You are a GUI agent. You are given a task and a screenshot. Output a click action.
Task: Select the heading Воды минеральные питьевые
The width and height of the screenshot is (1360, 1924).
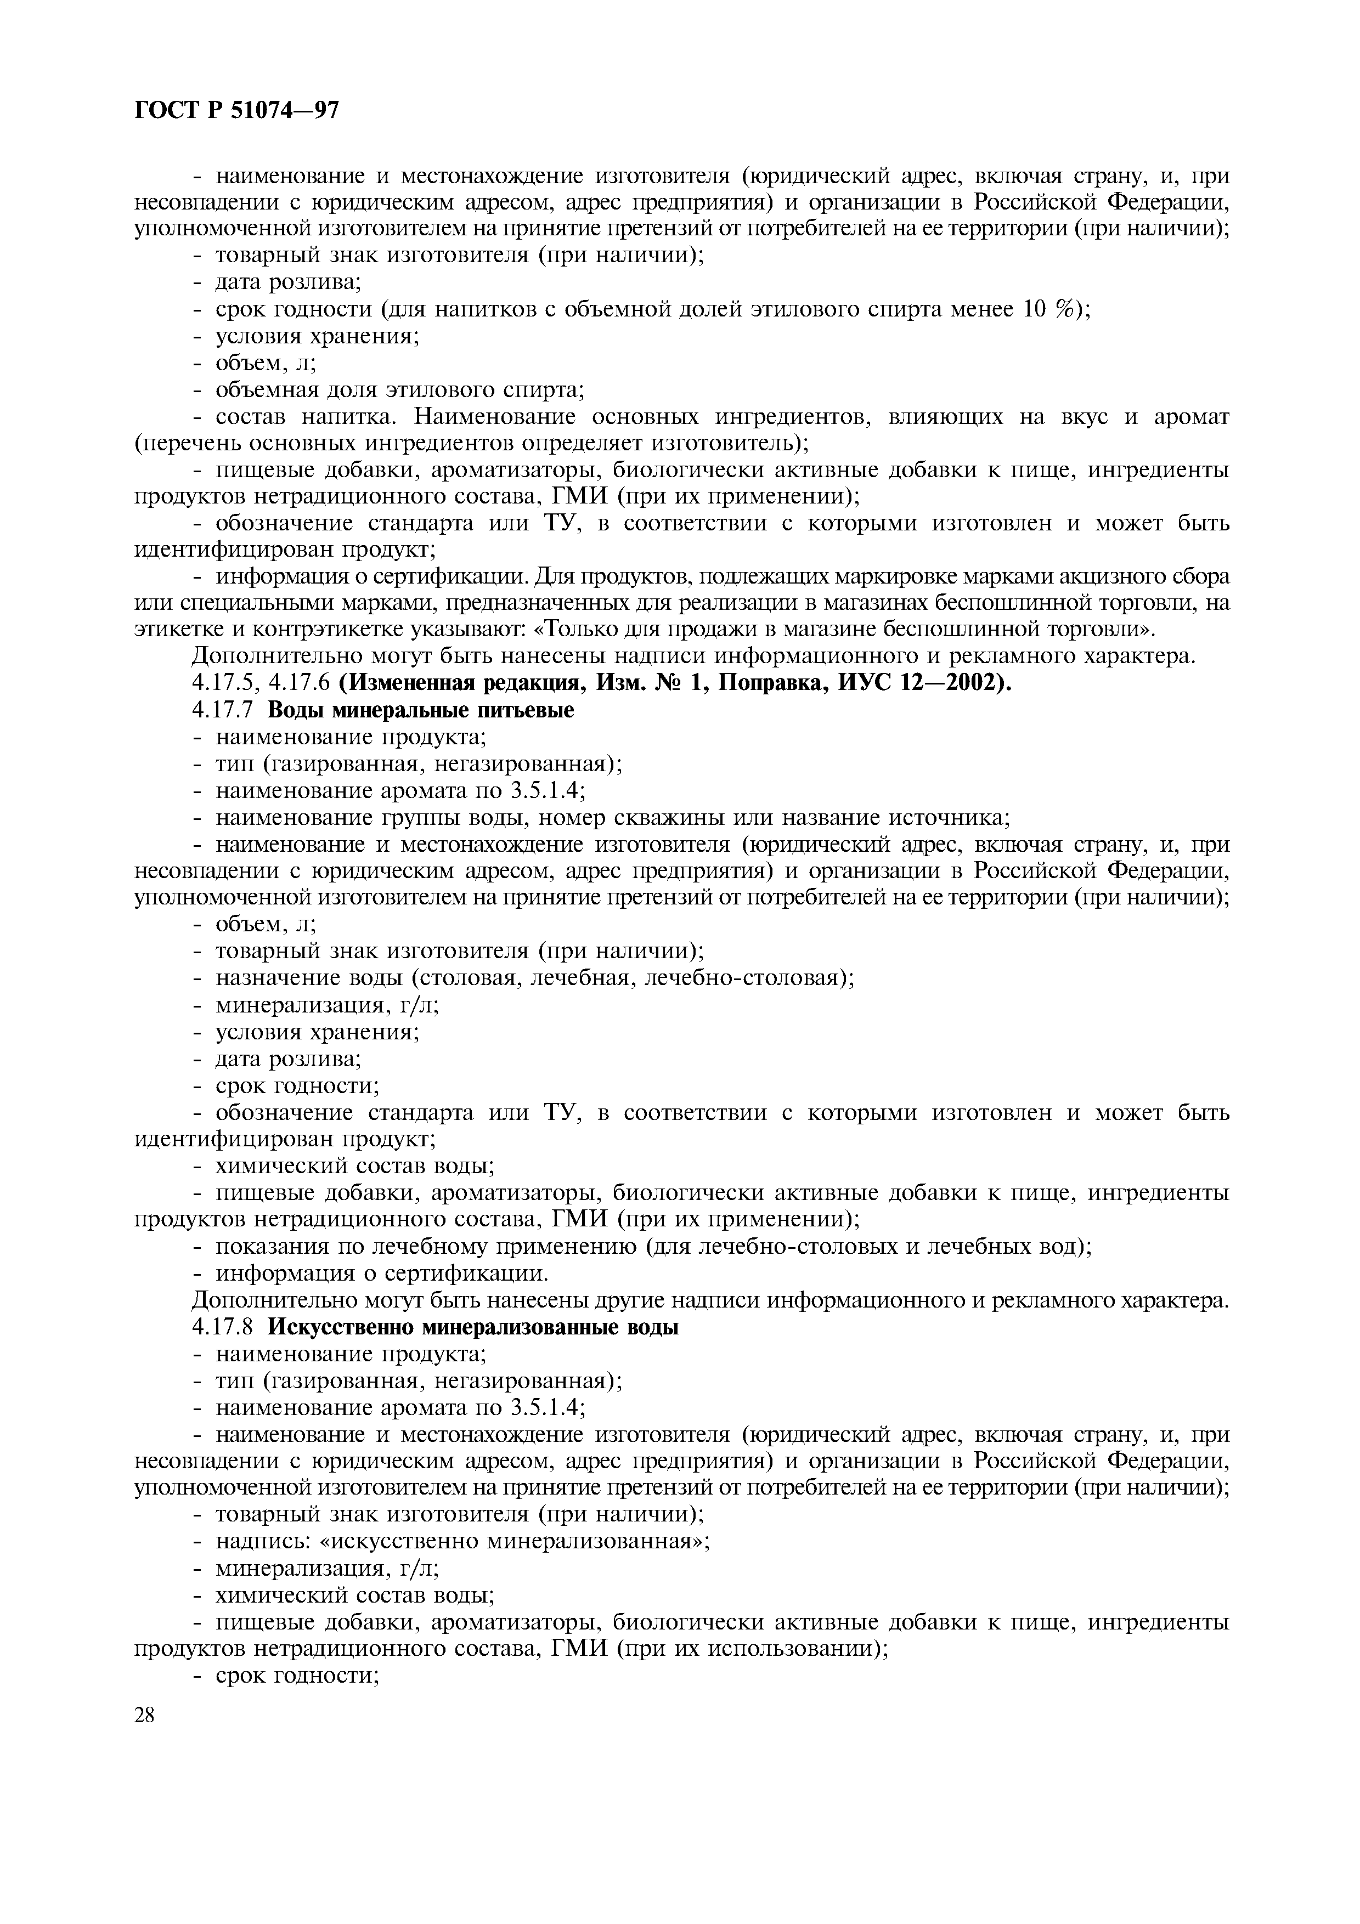(421, 711)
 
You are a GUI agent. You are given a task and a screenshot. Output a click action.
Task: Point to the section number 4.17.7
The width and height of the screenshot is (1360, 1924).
(226, 711)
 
